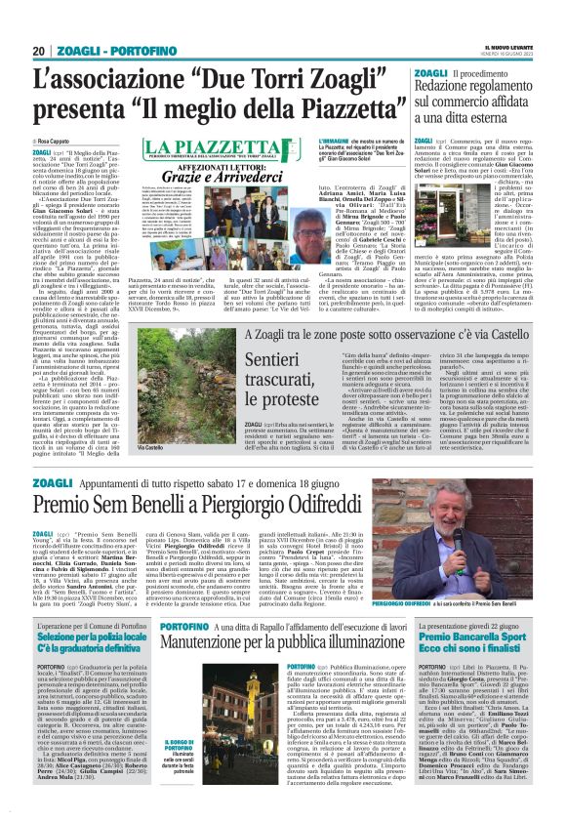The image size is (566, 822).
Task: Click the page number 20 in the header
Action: pos(39,50)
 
